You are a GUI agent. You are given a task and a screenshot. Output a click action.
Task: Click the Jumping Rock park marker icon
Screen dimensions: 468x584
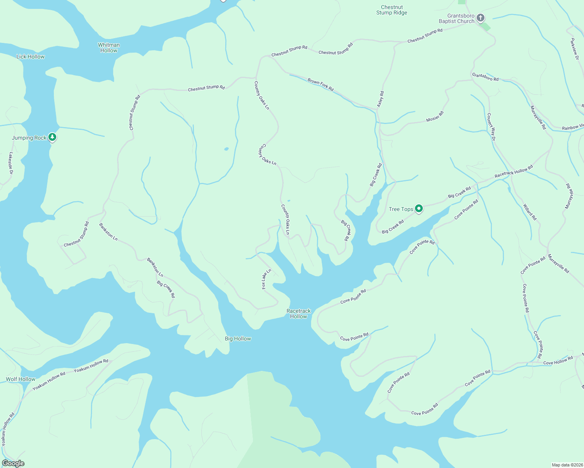click(52, 137)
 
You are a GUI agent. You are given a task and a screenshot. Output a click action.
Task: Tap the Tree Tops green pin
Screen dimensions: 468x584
click(419, 209)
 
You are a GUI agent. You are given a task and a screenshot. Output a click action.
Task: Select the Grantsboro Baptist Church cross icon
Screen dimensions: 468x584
click(481, 18)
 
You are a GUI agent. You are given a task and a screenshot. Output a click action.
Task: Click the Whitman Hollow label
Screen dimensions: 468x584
click(109, 48)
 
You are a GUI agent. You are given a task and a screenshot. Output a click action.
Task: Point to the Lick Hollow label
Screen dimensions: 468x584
click(30, 57)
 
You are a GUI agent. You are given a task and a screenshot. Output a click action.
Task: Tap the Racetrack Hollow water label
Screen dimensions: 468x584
click(299, 314)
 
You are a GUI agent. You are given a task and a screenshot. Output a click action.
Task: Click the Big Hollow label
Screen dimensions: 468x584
click(238, 339)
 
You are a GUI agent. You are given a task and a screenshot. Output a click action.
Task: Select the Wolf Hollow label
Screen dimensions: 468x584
click(20, 379)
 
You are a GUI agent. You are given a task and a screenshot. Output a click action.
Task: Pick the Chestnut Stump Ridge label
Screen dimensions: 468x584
click(392, 10)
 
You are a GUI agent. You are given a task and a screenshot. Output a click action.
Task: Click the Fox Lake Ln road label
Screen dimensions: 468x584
click(266, 279)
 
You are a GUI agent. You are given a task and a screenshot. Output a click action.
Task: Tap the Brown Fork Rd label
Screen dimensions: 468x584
click(320, 85)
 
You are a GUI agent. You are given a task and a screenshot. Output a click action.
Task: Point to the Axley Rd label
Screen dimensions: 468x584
click(381, 99)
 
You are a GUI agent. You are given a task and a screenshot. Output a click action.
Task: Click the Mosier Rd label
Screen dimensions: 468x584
click(435, 116)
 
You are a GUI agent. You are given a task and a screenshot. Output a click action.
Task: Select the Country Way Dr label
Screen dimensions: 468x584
click(491, 127)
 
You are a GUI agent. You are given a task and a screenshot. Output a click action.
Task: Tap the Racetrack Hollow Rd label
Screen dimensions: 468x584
click(513, 172)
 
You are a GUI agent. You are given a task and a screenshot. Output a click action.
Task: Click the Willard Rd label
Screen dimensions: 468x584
click(530, 212)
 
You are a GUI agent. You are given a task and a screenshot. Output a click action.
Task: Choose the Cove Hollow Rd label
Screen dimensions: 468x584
click(558, 360)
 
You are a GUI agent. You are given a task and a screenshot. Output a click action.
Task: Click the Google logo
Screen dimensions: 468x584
click(13, 463)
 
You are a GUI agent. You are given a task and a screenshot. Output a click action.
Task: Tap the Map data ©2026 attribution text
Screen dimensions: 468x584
click(566, 465)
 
